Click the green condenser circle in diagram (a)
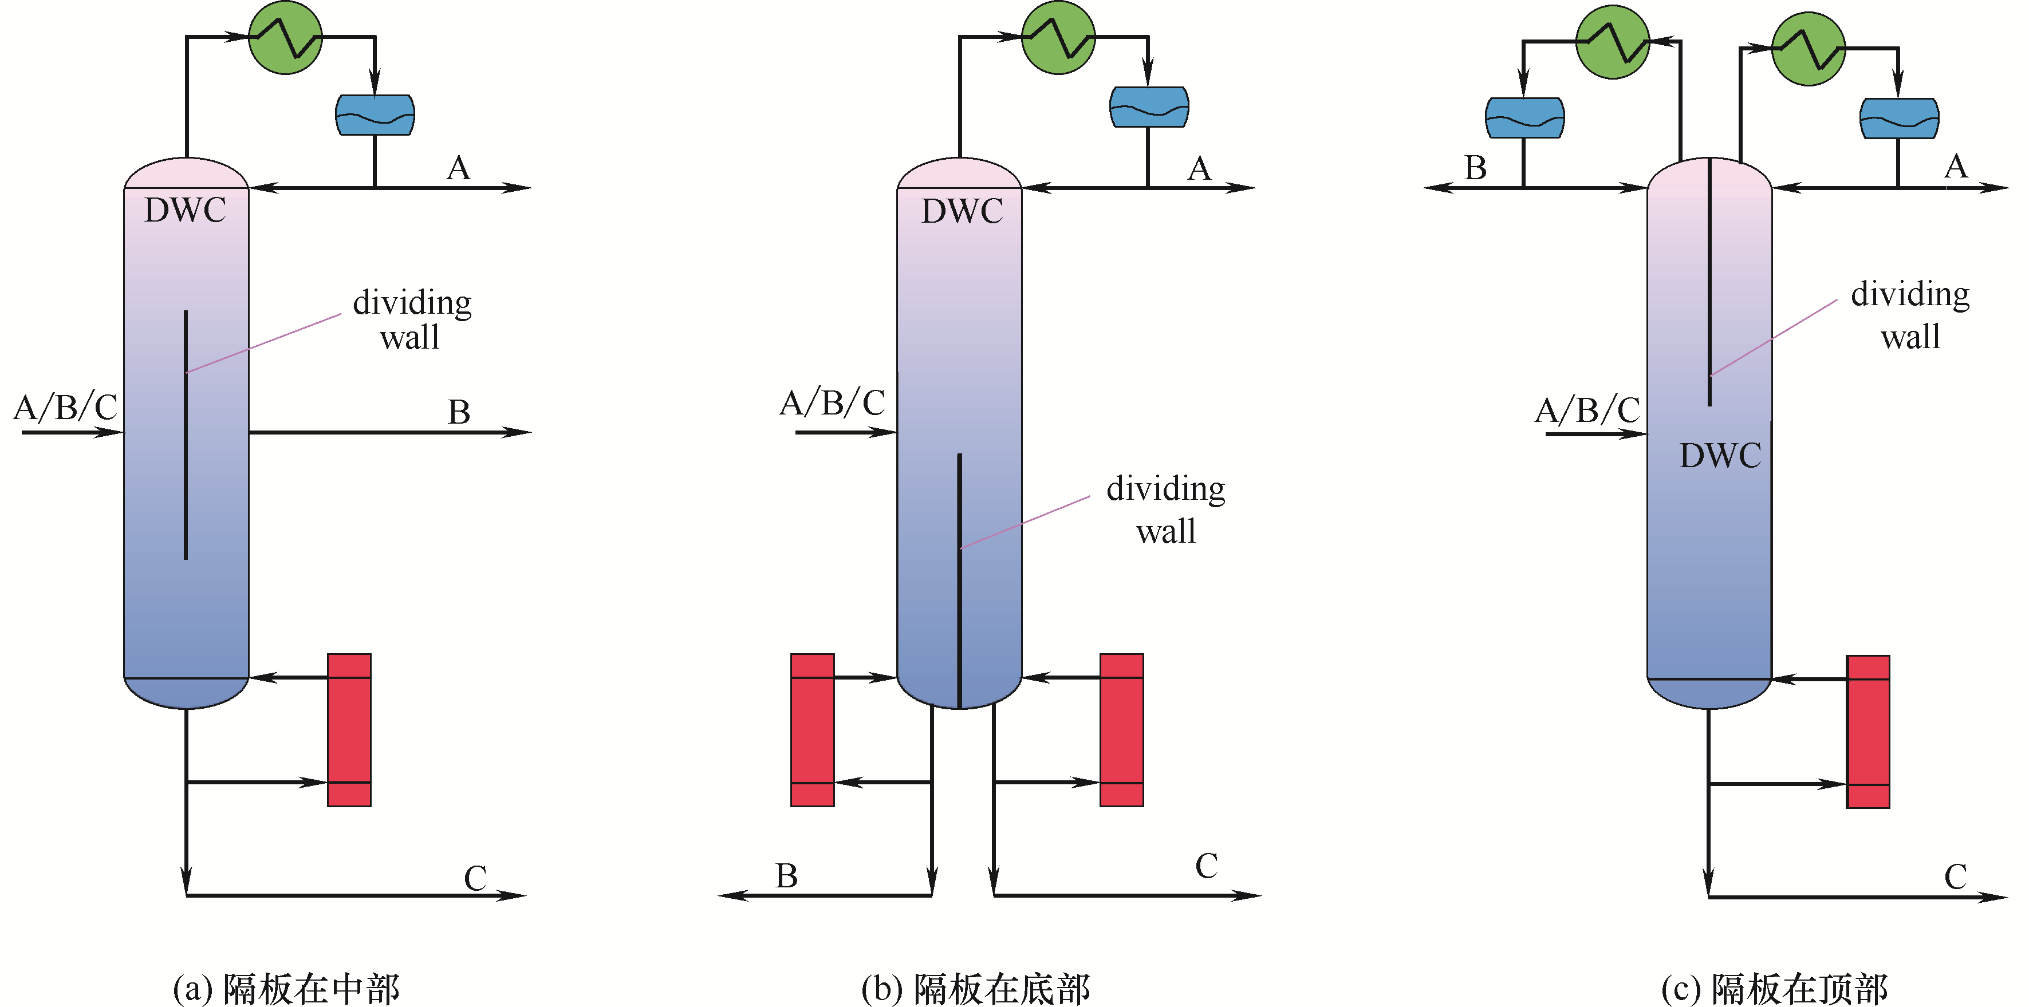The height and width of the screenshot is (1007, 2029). coord(285,37)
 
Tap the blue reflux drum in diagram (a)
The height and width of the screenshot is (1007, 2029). coord(375,115)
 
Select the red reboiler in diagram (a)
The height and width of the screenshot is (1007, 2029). coord(349,730)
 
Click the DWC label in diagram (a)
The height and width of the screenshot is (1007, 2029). coord(185,210)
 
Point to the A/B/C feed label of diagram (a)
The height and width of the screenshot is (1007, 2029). coord(65,407)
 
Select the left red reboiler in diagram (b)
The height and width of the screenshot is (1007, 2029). coord(812,730)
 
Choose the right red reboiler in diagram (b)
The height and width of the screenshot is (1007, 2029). coord(1122,730)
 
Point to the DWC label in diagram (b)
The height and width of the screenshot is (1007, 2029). coord(962,211)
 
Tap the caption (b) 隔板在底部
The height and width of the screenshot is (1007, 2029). coord(975,989)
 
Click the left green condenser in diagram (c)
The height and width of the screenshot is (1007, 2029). coord(1612,42)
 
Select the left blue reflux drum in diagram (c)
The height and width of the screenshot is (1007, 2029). coord(1524,118)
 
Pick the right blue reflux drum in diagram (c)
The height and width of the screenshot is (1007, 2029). coord(1899,118)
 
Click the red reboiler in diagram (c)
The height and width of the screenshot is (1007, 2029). coord(1868,732)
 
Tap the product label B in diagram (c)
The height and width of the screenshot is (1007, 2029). coord(1475,168)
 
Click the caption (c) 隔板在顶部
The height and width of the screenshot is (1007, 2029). coord(1775,989)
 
